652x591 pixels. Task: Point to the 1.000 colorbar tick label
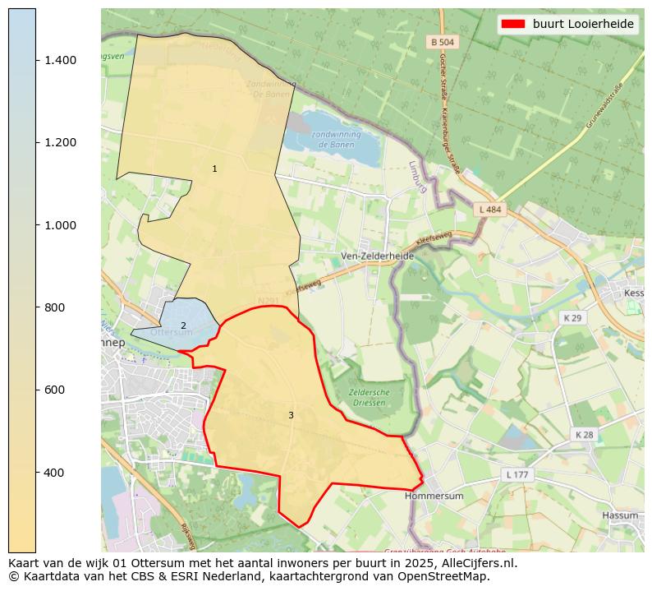pyautogui.click(x=60, y=225)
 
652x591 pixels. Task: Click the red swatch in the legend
pyautogui.click(x=512, y=24)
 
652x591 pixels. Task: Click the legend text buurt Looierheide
pyautogui.click(x=583, y=24)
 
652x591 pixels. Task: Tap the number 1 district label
pyautogui.click(x=214, y=169)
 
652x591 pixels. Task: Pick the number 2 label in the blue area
pyautogui.click(x=183, y=326)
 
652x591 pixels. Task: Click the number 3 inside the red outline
pyautogui.click(x=291, y=415)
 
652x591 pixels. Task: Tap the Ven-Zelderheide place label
pyautogui.click(x=377, y=256)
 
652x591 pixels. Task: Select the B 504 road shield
pyautogui.click(x=442, y=41)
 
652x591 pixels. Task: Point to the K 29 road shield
pyautogui.click(x=572, y=318)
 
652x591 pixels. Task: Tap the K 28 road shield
pyautogui.click(x=585, y=434)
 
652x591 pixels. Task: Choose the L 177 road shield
pyautogui.click(x=517, y=475)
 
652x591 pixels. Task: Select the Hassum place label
pyautogui.click(x=619, y=515)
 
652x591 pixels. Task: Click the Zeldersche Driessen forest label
pyautogui.click(x=369, y=398)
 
